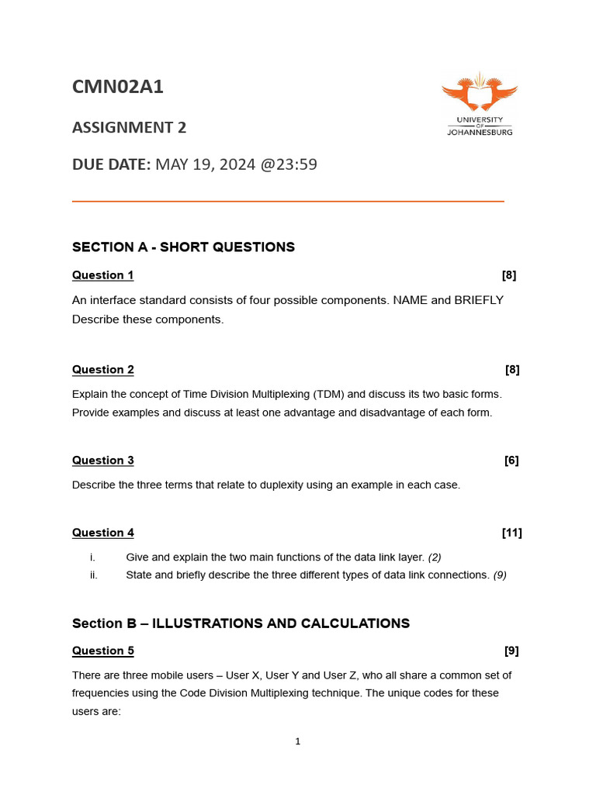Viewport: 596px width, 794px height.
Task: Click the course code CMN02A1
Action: point(118,88)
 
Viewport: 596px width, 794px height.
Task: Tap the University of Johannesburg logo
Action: point(480,104)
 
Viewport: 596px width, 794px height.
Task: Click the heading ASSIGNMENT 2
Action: point(129,127)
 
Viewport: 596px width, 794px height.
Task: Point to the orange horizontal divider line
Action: point(288,202)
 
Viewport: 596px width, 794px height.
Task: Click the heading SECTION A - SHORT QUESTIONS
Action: point(183,247)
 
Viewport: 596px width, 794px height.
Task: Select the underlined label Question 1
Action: point(102,275)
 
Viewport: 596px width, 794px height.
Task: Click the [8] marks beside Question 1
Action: point(508,275)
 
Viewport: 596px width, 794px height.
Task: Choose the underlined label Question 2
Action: point(102,370)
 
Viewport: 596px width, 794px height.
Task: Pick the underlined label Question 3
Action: point(102,461)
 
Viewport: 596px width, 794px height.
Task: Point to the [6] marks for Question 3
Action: point(511,461)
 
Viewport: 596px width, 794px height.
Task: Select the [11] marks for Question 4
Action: point(511,533)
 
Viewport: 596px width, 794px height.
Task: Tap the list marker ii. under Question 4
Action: point(93,575)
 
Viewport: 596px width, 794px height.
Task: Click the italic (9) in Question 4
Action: point(500,575)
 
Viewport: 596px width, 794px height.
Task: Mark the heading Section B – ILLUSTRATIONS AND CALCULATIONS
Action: point(241,623)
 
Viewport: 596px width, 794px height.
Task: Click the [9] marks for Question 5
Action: point(511,651)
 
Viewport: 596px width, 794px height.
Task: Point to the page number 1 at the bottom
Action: point(297,742)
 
